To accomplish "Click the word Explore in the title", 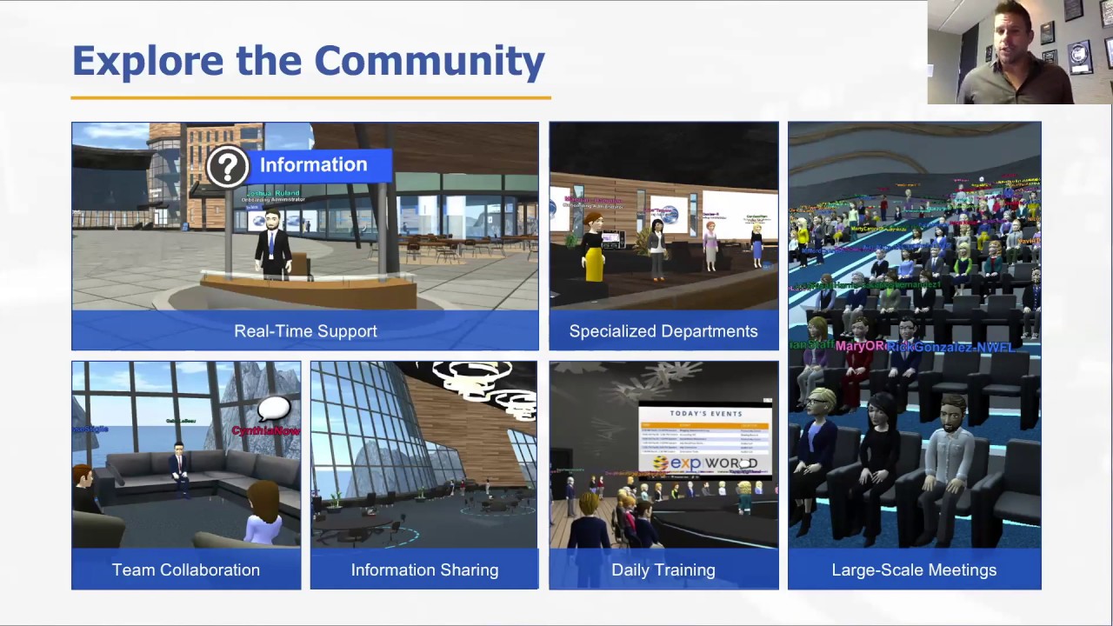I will point(147,61).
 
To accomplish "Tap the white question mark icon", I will point(228,165).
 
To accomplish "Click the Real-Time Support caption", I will point(305,331).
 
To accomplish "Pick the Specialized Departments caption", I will point(663,331).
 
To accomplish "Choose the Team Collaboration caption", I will point(186,570).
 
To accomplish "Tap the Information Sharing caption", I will point(424,570).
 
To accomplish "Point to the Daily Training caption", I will point(663,570).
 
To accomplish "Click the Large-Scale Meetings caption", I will point(914,570).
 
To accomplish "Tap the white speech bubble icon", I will point(273,409).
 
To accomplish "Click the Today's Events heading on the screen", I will point(706,414).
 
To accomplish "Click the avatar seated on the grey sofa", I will point(180,469).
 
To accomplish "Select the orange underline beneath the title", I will point(310,97).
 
